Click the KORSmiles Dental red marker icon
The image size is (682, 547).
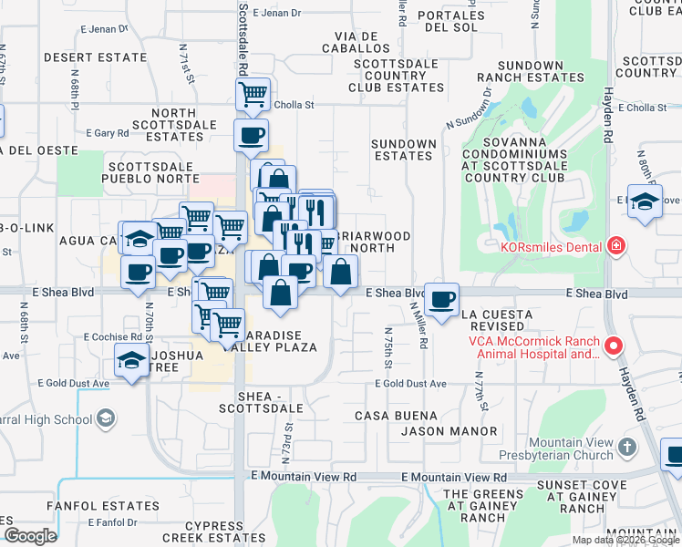(x=616, y=246)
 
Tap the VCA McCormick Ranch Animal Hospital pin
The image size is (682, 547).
(x=614, y=346)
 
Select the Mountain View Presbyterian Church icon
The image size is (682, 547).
(x=625, y=447)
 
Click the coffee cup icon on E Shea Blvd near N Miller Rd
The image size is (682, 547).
(x=442, y=299)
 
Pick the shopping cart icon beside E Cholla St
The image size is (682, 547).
(x=252, y=93)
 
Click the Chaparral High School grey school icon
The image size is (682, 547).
(x=106, y=419)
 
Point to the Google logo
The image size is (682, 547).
(x=30, y=536)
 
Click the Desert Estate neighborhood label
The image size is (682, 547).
(x=95, y=57)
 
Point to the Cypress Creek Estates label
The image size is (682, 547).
(x=212, y=532)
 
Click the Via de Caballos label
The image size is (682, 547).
(x=356, y=41)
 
